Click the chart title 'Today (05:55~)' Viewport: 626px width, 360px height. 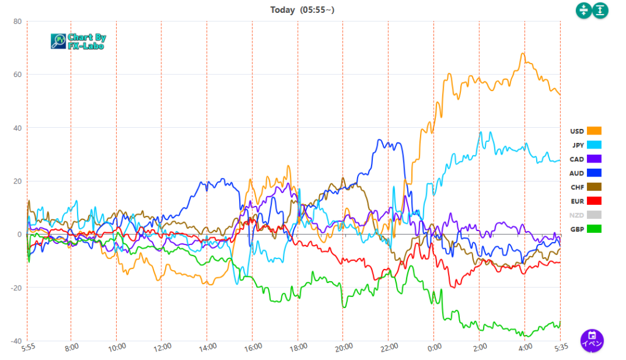coord(303,10)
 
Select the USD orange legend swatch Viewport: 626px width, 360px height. coord(594,131)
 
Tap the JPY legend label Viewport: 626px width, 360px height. coord(577,145)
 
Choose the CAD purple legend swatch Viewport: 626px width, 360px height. coord(594,159)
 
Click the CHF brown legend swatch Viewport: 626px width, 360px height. coord(594,187)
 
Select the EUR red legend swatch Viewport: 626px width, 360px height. coord(594,201)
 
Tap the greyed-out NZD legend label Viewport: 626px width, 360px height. coord(576,215)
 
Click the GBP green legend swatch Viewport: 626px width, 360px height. coord(594,229)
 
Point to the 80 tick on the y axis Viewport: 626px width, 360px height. coord(17,21)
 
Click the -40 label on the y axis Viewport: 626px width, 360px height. coord(15,341)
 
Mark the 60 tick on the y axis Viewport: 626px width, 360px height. coord(17,75)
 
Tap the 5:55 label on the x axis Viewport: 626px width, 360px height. coord(29,347)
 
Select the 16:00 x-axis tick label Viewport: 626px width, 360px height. coord(252,347)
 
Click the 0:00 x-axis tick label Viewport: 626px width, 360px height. coord(433,347)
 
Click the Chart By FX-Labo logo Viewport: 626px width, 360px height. coord(78,41)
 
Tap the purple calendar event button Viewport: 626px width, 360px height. coord(592,339)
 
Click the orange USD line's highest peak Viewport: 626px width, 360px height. coord(523,54)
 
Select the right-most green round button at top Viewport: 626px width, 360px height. coord(600,10)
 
